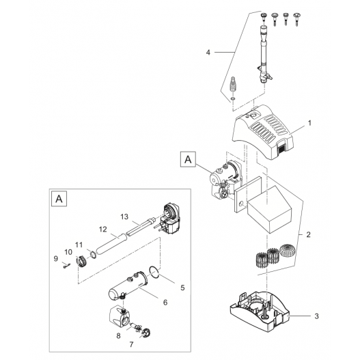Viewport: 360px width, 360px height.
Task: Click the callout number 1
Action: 309,123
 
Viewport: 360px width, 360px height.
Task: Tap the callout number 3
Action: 316,316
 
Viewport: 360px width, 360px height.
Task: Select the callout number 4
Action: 208,53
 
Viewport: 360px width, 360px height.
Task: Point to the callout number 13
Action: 124,217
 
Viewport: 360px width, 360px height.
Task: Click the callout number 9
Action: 56,259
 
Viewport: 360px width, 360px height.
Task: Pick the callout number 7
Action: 131,344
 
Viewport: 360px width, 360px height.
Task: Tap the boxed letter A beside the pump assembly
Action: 188,159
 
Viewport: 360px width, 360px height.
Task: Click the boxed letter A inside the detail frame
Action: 59,199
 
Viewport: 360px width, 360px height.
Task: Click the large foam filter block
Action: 268,209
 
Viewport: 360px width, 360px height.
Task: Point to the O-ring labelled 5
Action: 154,272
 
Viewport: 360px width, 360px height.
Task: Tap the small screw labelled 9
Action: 66,266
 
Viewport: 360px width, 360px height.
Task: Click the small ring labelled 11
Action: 93,254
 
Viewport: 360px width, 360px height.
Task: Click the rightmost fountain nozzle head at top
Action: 296,20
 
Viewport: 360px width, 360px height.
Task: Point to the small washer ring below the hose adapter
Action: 233,98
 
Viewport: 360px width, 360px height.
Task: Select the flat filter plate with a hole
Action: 247,193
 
